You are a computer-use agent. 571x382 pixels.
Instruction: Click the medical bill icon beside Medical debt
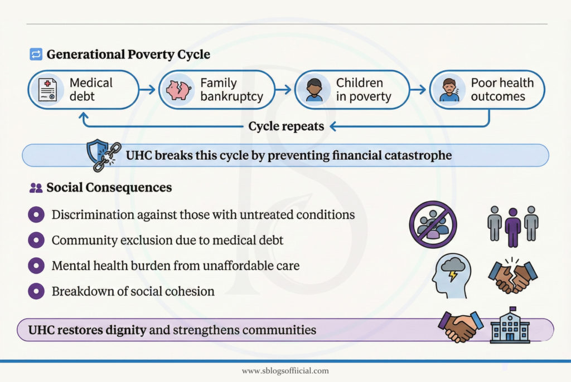click(x=47, y=90)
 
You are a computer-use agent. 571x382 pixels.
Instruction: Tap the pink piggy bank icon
click(x=178, y=90)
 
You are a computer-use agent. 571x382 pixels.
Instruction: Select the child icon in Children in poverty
click(x=314, y=90)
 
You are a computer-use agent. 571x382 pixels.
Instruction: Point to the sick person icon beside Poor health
click(x=449, y=90)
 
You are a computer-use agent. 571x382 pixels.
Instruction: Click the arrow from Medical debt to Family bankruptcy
click(x=148, y=89)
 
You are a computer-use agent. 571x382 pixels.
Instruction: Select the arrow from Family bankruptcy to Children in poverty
click(x=283, y=89)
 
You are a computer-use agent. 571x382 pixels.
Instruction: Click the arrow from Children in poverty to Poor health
click(x=418, y=89)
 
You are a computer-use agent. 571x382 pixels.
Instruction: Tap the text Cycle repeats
click(x=286, y=126)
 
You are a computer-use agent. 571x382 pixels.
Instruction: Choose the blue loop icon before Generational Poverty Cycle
click(x=36, y=55)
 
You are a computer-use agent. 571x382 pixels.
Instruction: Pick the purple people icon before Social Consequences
click(x=36, y=188)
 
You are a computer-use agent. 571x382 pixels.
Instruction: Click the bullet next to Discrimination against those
click(x=36, y=214)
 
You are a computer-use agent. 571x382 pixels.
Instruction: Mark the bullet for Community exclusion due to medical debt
click(x=36, y=240)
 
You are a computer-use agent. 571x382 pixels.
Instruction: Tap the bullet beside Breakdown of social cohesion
click(x=36, y=291)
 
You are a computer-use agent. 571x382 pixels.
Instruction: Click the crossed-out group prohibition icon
click(x=433, y=224)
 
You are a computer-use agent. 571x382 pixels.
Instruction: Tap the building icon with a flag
click(x=510, y=326)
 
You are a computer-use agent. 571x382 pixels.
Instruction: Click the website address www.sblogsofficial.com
click(x=285, y=371)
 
